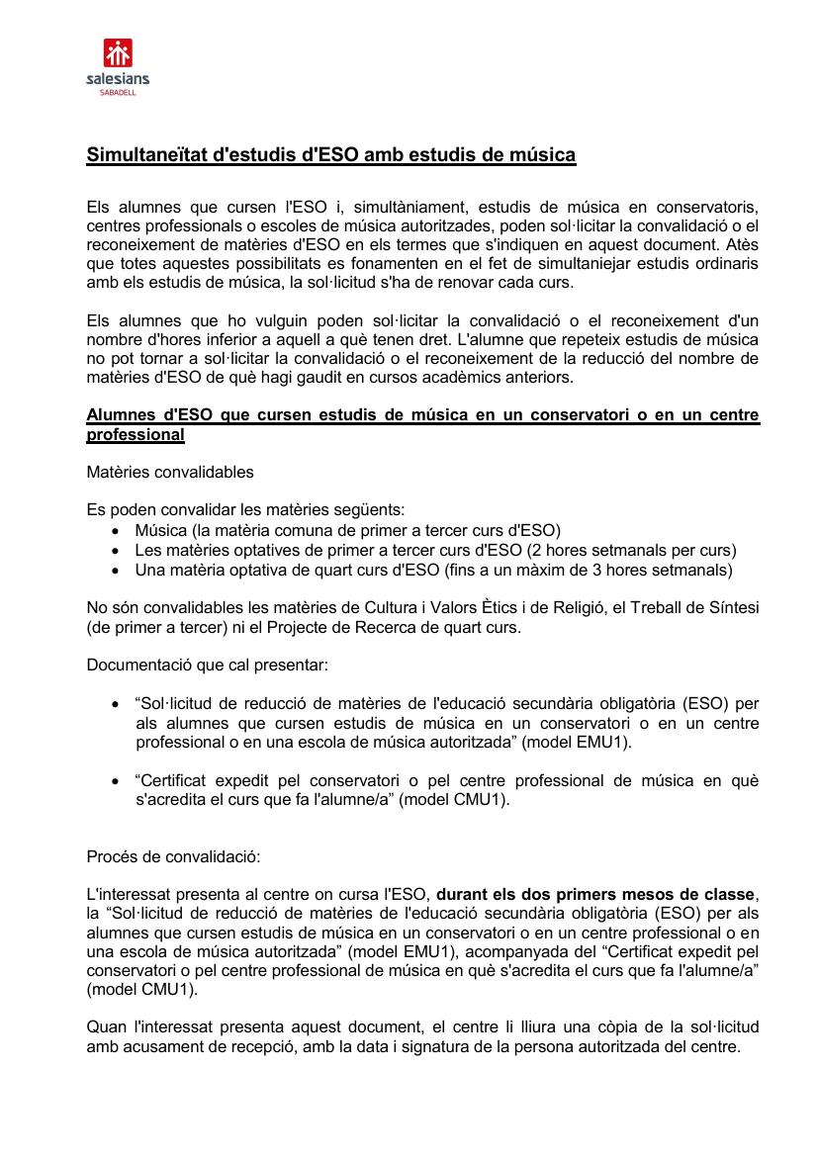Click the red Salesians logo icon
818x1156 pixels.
click(118, 51)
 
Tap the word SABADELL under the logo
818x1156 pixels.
click(118, 91)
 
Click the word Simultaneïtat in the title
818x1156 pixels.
click(143, 155)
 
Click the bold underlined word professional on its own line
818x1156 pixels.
click(136, 435)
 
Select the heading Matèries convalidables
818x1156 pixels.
click(170, 472)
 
